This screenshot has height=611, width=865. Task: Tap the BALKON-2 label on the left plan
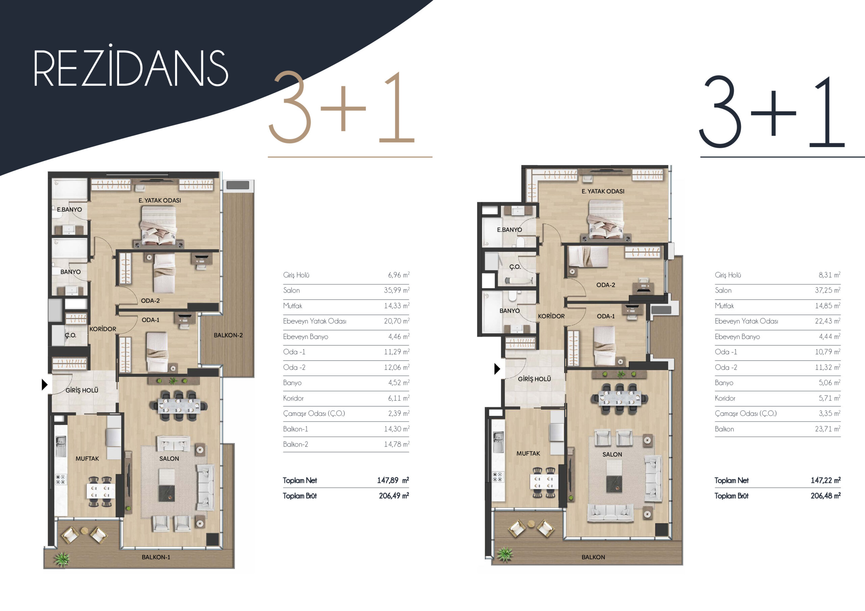coord(228,335)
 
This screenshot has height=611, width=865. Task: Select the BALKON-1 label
coord(156,557)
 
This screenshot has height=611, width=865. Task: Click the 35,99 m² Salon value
coord(397,290)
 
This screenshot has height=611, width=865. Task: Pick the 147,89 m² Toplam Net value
coord(393,480)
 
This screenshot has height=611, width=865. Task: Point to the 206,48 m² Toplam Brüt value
coord(825,496)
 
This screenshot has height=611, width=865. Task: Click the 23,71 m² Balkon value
coord(828,429)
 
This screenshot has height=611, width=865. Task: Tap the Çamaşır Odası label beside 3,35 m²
coord(746,414)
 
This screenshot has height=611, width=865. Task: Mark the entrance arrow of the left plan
coord(45,384)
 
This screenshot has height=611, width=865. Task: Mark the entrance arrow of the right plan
coord(497,369)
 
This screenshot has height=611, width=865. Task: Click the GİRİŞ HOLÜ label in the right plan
coord(534,379)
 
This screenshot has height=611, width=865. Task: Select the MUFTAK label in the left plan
coord(87,458)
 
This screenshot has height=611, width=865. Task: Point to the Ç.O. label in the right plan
coord(515,267)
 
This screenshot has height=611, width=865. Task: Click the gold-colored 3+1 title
coord(341,107)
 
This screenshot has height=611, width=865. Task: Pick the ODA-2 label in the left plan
coord(150,301)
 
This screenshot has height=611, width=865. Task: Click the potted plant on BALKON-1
coord(62,559)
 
